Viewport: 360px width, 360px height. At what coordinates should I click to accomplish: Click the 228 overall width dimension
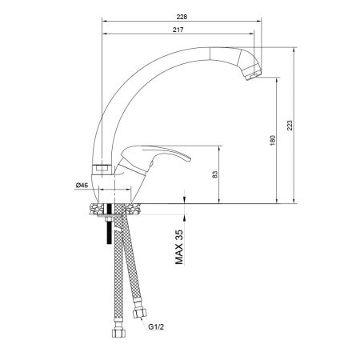tap(182, 14)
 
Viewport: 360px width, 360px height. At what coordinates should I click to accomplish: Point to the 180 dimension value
tap(273, 140)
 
